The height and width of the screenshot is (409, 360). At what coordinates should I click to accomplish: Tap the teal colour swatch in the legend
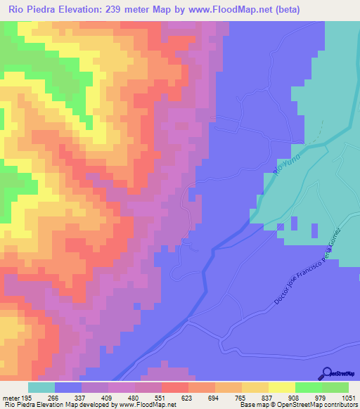41,387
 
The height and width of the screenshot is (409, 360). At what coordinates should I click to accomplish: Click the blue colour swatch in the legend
67,387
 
